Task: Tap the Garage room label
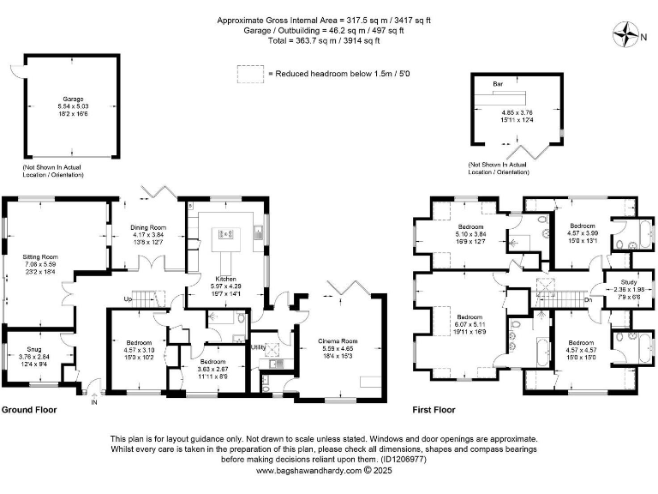71,99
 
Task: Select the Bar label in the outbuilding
498,86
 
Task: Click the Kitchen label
225,279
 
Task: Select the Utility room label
258,347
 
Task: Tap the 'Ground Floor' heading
29,410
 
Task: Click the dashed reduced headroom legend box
251,75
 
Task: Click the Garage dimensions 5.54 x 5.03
71,106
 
